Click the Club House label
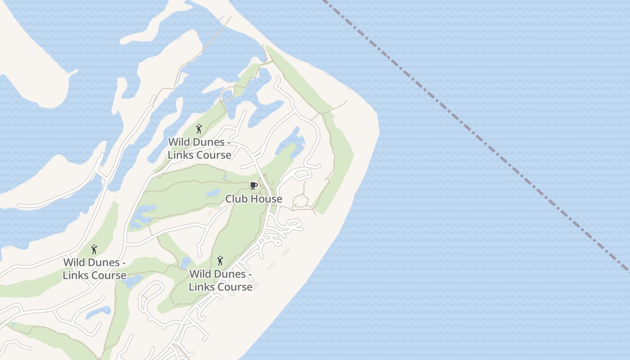253,198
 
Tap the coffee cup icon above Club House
253,185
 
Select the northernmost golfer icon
199,129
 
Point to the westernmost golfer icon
94,249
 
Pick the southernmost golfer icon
220,261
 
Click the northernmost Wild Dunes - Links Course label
199,148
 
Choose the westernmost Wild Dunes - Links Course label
94,269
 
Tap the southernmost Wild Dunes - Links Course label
220,280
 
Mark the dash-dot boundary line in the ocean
472,130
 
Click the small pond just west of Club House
213,193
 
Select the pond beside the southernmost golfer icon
185,263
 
